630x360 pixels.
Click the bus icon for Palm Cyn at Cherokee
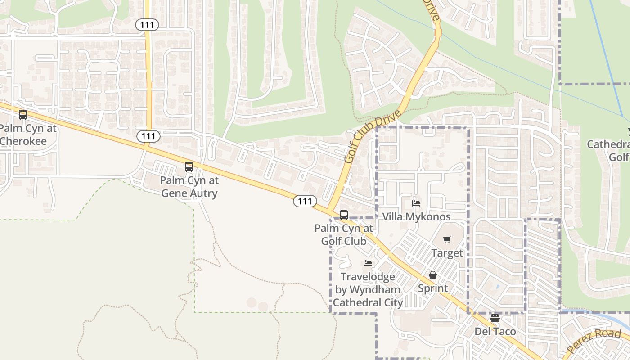[x=23, y=115]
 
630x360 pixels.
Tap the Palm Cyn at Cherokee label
[x=28, y=135]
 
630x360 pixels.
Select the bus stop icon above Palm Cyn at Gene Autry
[x=189, y=167]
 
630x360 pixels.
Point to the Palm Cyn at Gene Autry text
[x=189, y=187]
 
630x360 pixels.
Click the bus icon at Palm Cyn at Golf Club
[x=344, y=215]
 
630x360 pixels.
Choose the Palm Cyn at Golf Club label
[x=344, y=234]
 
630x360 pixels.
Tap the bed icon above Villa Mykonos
[x=416, y=203]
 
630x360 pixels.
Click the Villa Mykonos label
[x=416, y=217]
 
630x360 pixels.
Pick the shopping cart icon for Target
[x=447, y=240]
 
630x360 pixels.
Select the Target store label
[x=447, y=253]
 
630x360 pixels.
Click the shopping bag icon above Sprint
[x=433, y=275]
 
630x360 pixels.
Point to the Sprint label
[x=433, y=288]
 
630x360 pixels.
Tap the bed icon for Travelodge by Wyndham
[x=368, y=263]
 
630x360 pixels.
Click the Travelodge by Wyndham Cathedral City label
[x=368, y=289]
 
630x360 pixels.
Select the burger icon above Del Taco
[x=495, y=319]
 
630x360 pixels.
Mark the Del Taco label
[x=495, y=332]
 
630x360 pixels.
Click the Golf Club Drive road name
[x=372, y=135]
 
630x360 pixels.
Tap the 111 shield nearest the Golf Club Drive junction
[x=305, y=201]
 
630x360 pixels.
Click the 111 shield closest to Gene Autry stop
[x=148, y=136]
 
